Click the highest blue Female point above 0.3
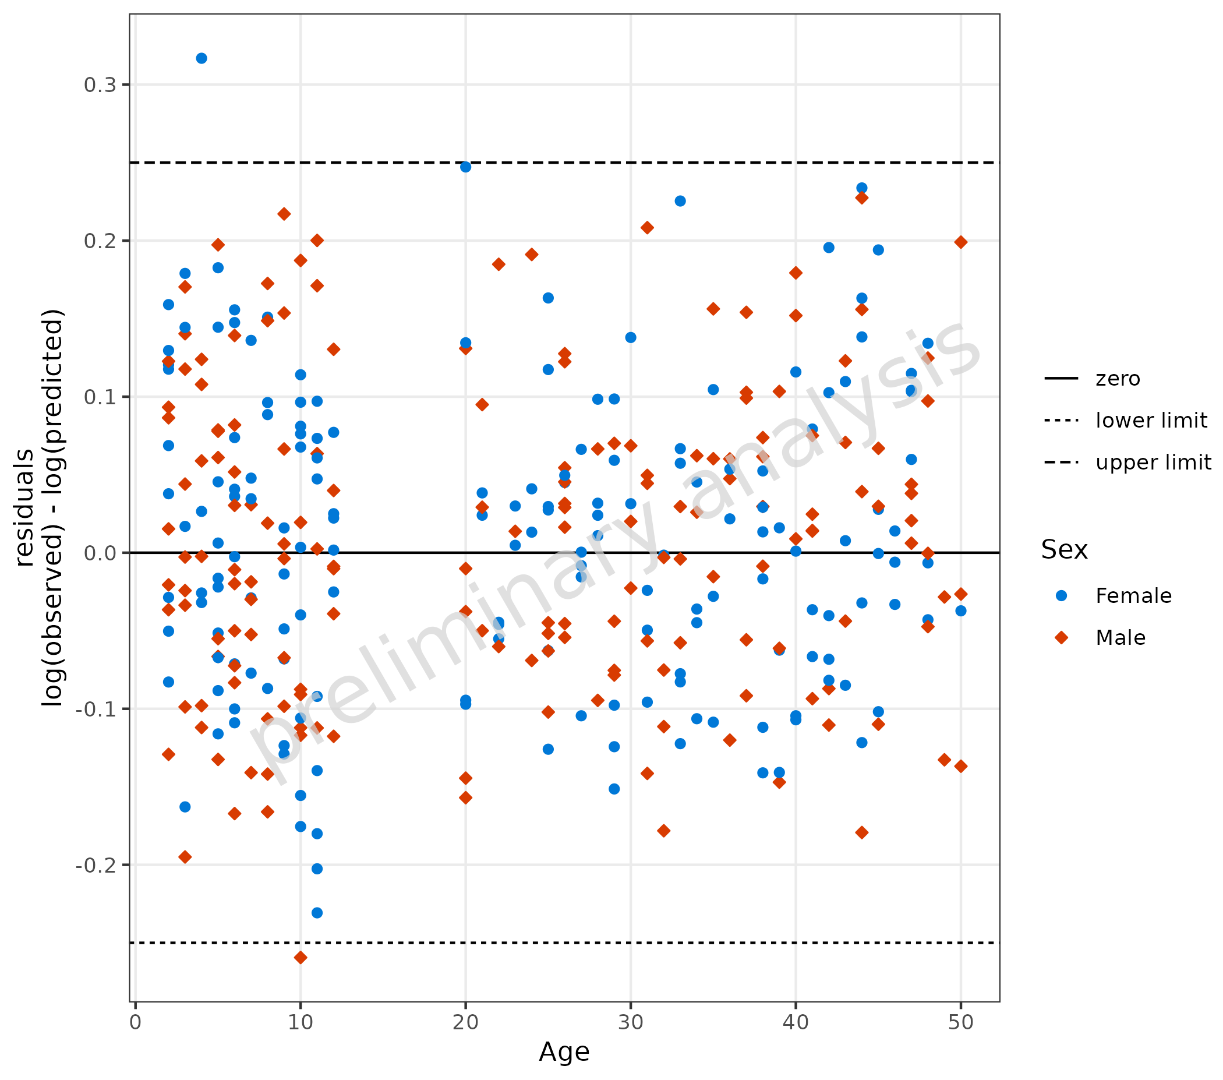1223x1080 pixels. (x=202, y=58)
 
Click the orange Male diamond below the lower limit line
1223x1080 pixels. (x=301, y=957)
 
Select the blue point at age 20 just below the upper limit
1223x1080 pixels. (x=465, y=167)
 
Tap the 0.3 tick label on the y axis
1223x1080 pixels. (x=100, y=85)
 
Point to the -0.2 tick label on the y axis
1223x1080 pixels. (x=96, y=865)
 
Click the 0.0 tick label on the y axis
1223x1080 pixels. (x=100, y=553)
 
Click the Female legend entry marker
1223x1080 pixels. (x=1062, y=595)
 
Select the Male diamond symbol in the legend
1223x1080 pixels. (x=1062, y=637)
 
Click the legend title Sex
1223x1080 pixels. (x=1064, y=549)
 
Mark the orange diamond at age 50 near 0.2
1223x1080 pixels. (x=960, y=242)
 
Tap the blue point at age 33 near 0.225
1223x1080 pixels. (x=680, y=201)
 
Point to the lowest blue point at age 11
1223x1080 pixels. (x=317, y=912)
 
